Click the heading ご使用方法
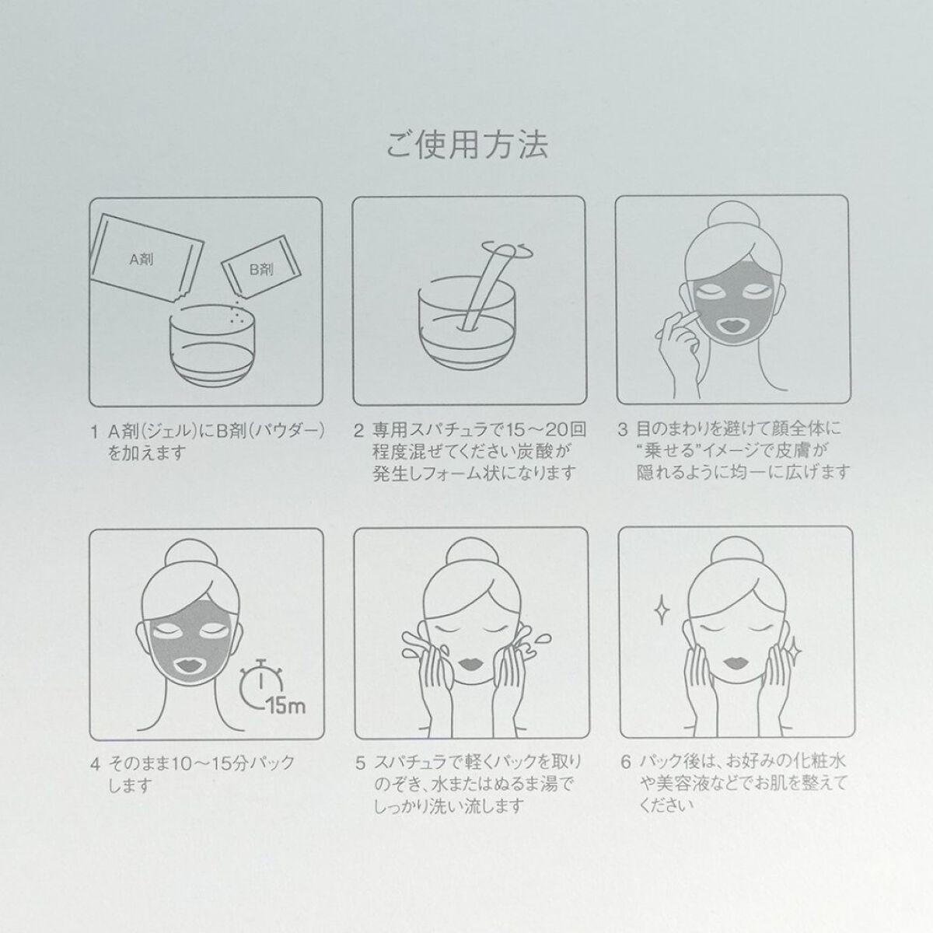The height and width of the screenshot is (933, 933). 466,145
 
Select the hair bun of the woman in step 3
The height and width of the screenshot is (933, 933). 733,215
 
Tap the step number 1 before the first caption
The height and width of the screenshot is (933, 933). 94,430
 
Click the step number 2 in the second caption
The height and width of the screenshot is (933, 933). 358,430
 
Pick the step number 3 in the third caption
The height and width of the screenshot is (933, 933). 623,429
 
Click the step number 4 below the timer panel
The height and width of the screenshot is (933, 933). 94,763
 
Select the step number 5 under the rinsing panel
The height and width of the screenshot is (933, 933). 358,763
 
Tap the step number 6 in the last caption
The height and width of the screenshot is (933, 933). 623,763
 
